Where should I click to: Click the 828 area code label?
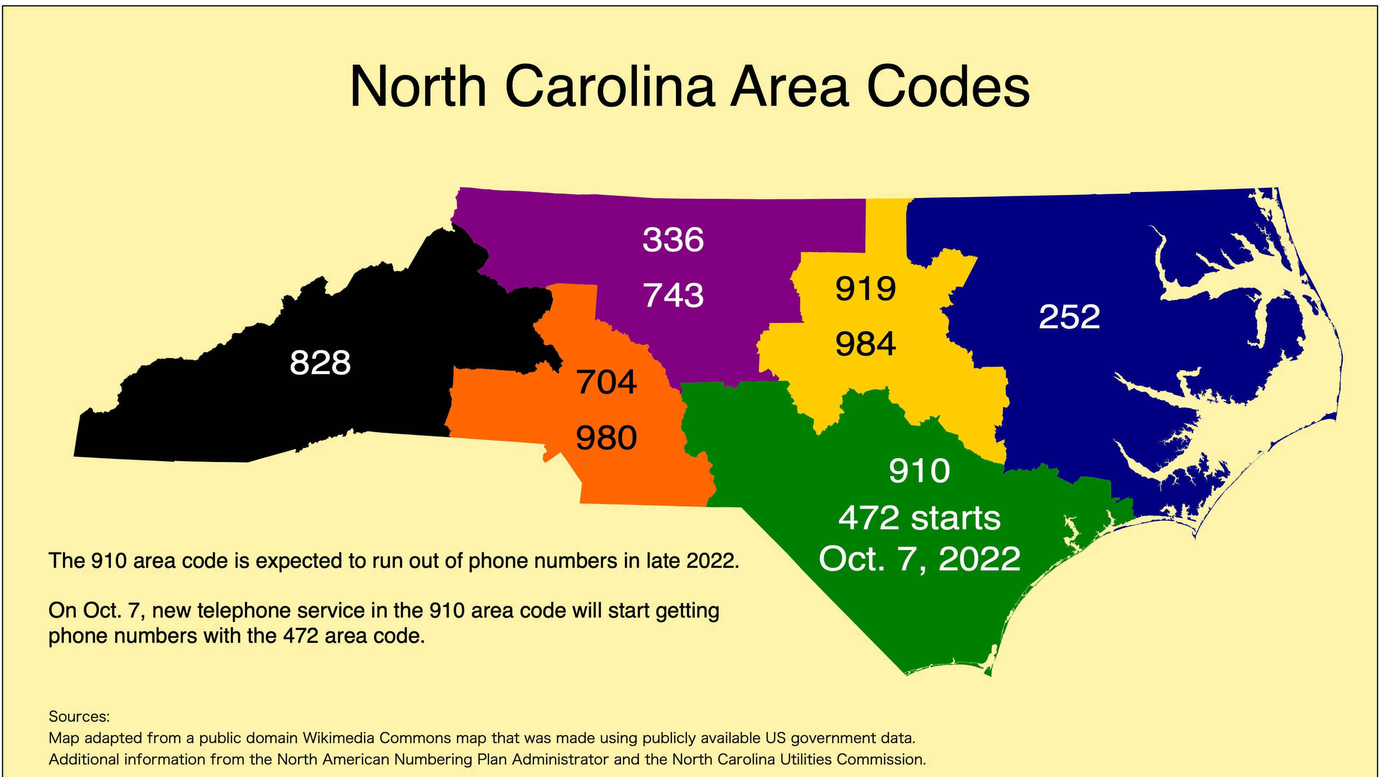point(320,363)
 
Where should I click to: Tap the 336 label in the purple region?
point(673,239)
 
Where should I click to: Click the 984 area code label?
point(865,344)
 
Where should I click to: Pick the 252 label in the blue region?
point(1069,317)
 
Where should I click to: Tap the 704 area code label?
point(606,383)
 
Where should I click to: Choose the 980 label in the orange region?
point(606,438)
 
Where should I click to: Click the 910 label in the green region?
point(919,471)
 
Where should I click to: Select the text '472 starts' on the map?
point(919,518)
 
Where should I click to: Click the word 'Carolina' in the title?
point(610,87)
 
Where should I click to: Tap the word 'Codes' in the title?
point(948,87)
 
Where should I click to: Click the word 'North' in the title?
point(418,87)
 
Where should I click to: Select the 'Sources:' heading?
point(79,717)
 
